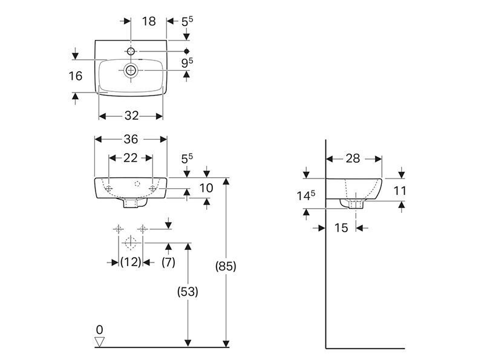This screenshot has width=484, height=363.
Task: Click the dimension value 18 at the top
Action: (x=149, y=21)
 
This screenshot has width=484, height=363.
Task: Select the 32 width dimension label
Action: (x=131, y=116)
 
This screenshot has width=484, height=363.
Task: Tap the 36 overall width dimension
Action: (x=131, y=139)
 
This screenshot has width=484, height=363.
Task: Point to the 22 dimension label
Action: (x=131, y=158)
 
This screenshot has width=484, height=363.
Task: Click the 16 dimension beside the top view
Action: (x=76, y=76)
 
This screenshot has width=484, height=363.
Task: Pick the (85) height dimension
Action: (x=226, y=266)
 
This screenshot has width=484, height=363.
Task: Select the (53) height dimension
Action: (x=188, y=292)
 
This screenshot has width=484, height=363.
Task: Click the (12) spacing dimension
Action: (x=131, y=263)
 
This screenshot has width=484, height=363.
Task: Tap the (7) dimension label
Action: (x=169, y=263)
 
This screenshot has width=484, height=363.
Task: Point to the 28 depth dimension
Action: (x=353, y=159)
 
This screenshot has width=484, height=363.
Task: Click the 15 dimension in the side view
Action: (x=341, y=228)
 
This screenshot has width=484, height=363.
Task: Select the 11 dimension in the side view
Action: (x=400, y=191)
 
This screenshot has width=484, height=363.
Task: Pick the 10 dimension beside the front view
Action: (x=206, y=188)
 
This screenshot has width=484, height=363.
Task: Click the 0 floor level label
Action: (x=99, y=330)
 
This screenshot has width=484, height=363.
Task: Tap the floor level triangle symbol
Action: (x=99, y=342)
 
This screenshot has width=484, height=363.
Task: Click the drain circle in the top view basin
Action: (x=131, y=70)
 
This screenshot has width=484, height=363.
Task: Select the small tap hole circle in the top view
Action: (x=131, y=51)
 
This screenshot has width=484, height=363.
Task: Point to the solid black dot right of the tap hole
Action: (x=186, y=51)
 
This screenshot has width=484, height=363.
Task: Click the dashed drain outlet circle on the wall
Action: (x=131, y=243)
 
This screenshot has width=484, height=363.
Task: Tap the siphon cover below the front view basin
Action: (x=134, y=203)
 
